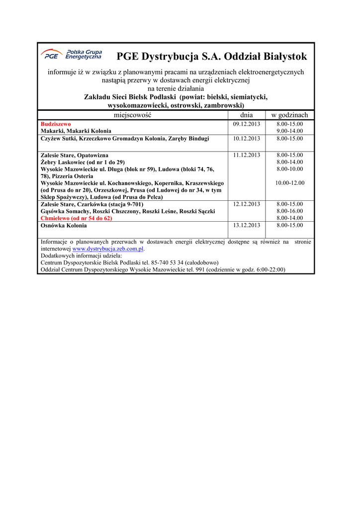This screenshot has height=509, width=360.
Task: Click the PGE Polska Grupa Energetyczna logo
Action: click(71, 54)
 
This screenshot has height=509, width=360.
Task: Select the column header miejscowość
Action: click(132, 115)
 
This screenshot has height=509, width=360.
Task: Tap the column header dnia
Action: click(247, 115)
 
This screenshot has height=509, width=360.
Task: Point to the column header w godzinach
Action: click(289, 115)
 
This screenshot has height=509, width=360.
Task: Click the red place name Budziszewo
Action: click(56, 124)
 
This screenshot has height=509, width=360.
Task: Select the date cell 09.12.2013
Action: click(247, 124)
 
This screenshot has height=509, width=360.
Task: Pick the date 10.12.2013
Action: click(247, 139)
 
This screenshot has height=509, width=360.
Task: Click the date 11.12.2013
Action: click(247, 155)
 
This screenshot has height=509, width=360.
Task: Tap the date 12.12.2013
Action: click(247, 204)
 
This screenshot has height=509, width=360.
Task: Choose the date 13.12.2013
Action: click(247, 226)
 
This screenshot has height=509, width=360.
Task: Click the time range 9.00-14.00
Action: click(289, 131)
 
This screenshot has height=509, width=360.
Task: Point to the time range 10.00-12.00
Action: click(289, 183)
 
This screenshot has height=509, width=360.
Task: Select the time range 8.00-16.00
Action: click(289, 211)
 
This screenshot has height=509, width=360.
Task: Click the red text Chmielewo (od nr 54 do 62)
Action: click(76, 218)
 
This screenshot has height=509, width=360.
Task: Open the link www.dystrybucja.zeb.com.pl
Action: click(108, 249)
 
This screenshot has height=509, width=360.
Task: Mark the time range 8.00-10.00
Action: click(289, 169)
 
